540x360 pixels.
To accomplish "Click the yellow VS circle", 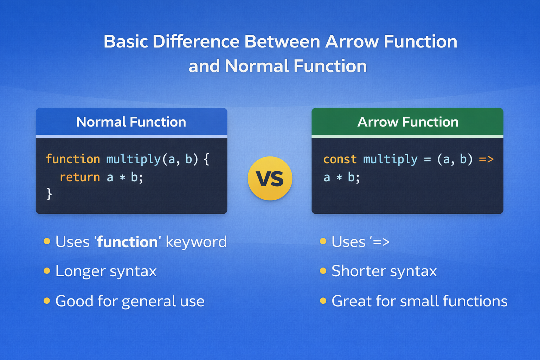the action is [x=270, y=179].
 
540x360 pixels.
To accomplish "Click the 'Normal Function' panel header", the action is [x=131, y=122].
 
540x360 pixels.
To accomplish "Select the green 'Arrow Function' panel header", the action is [x=407, y=122].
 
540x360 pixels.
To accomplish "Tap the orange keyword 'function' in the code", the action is [x=73, y=159].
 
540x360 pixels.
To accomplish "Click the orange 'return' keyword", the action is [x=80, y=177].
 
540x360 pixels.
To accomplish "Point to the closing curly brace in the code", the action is [x=49, y=194].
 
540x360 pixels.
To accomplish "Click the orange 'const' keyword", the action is [x=340, y=159].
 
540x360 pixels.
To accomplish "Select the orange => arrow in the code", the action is [x=486, y=159].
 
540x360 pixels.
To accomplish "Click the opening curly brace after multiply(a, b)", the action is [x=207, y=159].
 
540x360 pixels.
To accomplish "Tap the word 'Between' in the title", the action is [x=282, y=41].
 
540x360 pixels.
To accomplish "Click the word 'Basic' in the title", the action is [x=126, y=41].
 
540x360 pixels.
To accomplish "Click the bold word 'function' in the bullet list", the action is [x=127, y=242].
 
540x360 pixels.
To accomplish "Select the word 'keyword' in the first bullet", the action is [x=196, y=242].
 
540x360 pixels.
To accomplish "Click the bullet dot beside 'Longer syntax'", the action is [x=47, y=271].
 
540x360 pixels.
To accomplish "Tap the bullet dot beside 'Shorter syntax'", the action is [x=323, y=271].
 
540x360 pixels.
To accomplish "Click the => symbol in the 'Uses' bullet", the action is [x=381, y=242].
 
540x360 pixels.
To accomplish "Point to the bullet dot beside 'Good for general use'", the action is [x=47, y=301].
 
